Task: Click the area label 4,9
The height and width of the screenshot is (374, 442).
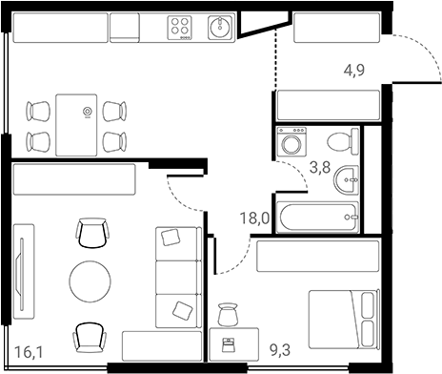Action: coord(355,70)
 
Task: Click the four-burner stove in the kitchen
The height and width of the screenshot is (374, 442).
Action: coord(181,29)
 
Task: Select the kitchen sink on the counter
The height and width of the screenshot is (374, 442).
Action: coord(220,28)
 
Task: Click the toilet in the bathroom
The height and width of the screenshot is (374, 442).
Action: coord(340,143)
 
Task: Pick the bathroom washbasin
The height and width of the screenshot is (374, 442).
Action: coord(351,177)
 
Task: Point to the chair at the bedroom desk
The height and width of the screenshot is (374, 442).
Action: coord(227,314)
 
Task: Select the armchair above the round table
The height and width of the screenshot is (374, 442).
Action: coord(92,232)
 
